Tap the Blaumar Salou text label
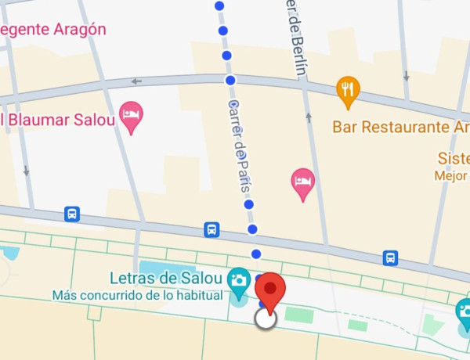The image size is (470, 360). tap(59, 120)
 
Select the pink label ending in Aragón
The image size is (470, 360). tap(52, 29)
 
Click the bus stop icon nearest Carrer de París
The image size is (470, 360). tap(211, 229)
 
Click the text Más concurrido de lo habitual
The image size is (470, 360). tap(138, 296)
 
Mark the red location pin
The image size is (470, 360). tap(270, 291)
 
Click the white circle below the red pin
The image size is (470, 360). tap(266, 318)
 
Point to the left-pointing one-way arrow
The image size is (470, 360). tap(137, 81)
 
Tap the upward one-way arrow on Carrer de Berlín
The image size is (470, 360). tap(309, 118)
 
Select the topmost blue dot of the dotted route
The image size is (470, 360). tap(219, 6)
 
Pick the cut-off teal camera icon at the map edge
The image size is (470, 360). tap(464, 311)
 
